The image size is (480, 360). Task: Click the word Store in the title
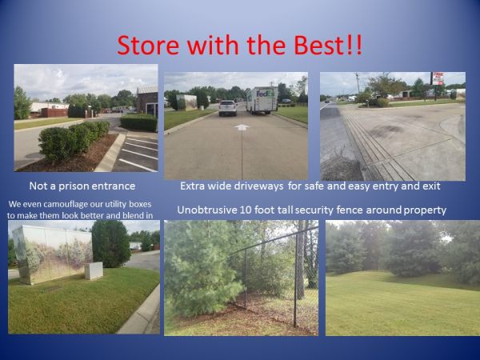148,45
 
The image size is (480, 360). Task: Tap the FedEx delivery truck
262,100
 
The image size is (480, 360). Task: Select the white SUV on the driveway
228,108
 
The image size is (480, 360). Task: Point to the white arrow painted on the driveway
242,127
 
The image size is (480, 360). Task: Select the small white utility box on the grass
94,270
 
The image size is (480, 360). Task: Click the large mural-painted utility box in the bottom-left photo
52,254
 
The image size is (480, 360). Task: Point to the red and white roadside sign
437,78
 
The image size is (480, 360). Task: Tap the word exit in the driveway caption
432,186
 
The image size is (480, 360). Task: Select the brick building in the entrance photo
147,100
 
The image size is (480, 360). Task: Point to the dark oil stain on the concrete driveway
386,130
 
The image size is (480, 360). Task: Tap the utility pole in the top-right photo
358,82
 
